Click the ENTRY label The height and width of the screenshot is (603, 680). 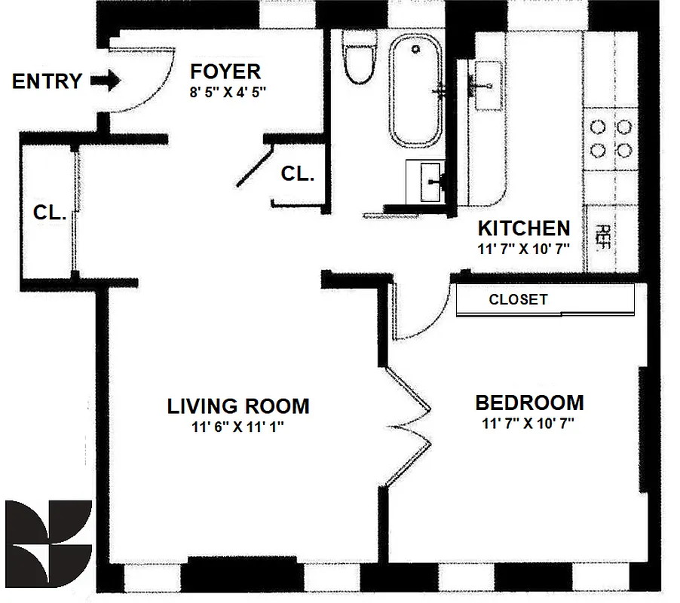coord(47,81)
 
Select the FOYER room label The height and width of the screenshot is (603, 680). coord(225,72)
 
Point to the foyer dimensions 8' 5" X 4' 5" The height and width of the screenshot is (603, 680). coord(228,93)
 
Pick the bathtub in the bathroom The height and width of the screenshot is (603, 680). coord(415,93)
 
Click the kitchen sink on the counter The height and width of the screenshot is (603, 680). coord(483,84)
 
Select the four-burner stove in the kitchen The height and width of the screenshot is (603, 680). coord(611,137)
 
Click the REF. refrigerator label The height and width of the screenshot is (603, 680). coord(604,238)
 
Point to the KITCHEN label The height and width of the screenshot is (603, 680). coord(523,228)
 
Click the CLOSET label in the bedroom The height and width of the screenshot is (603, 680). coord(518,299)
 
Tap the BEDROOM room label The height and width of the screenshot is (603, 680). coord(528,403)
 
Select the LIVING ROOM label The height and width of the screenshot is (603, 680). coord(237,406)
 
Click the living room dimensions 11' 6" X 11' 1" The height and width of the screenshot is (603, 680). coord(237,427)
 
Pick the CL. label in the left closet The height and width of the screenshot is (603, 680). coord(51,213)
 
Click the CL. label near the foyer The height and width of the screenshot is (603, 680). coord(297,173)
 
